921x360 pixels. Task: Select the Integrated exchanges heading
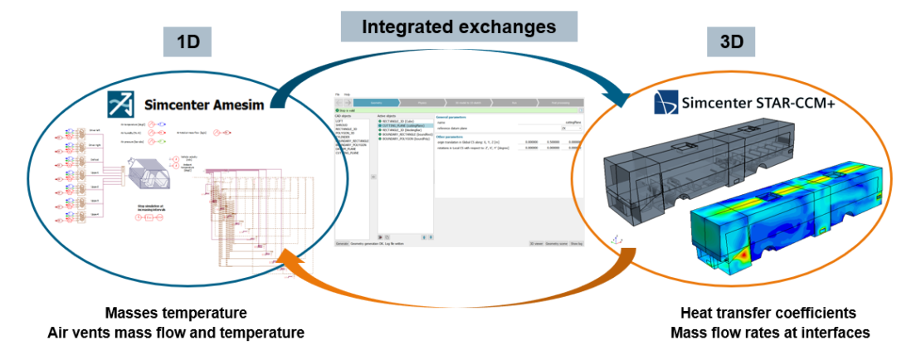[x=459, y=26]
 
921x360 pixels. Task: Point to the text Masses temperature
[x=175, y=314]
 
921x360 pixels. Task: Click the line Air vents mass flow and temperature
[x=175, y=333]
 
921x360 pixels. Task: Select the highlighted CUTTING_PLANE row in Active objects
[x=404, y=124]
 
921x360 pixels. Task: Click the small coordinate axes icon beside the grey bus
[x=615, y=241]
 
